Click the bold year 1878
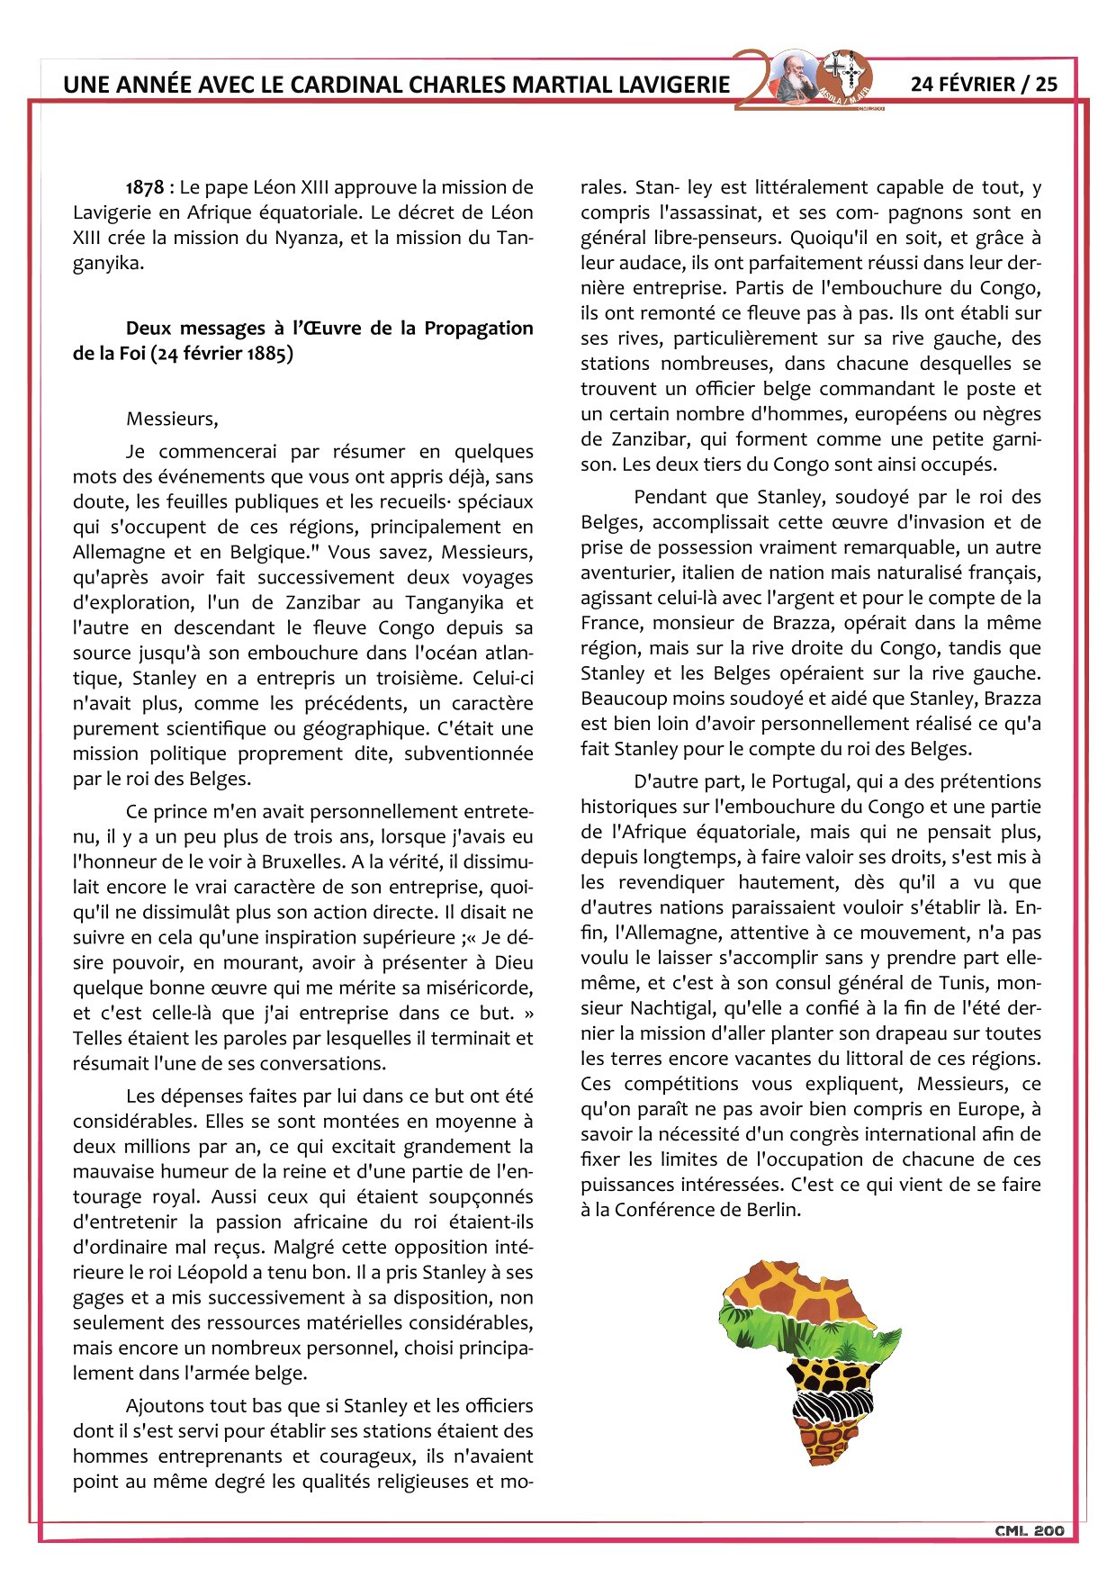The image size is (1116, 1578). (145, 187)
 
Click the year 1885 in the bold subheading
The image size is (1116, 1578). (266, 353)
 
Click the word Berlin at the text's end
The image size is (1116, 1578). (772, 1210)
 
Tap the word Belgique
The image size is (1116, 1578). (265, 552)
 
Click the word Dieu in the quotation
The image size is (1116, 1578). (514, 962)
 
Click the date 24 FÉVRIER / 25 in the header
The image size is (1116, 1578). (984, 84)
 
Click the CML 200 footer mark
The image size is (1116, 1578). (1029, 1530)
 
